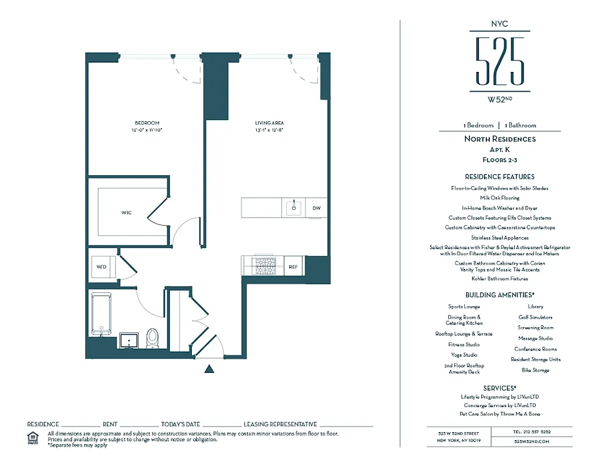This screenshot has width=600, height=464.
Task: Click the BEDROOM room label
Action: [147, 123]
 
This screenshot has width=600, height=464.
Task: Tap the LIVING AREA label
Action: [269, 123]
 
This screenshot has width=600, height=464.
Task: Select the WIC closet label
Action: [126, 213]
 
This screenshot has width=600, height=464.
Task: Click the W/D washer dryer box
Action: [101, 267]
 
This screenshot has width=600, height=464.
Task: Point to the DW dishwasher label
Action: [317, 208]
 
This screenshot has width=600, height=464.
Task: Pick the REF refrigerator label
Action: [293, 266]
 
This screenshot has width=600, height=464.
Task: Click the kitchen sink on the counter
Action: [294, 207]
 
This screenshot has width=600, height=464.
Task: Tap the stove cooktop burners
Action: [266, 266]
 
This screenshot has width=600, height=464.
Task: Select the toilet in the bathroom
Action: [152, 338]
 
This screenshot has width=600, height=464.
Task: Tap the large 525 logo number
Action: [499, 61]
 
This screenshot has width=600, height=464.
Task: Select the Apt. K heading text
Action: [499, 149]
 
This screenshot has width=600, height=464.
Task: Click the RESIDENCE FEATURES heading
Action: [499, 176]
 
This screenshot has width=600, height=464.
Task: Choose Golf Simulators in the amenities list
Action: [535, 317]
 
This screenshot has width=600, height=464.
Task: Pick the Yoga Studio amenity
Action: [464, 355]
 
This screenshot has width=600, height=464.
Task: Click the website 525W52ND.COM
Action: [531, 441]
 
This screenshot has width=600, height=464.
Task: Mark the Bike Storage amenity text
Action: [535, 370]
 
